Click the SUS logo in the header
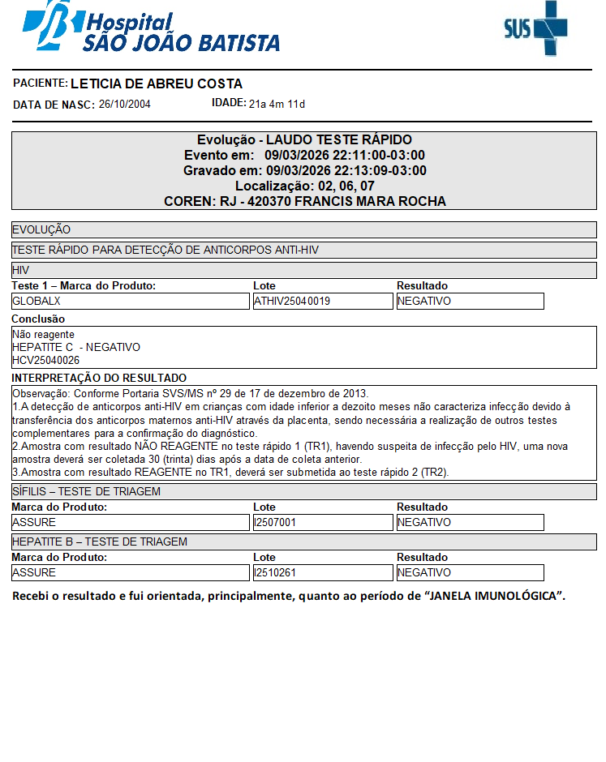[x=535, y=29]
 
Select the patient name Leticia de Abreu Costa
[x=157, y=84]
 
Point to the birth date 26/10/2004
[x=124, y=105]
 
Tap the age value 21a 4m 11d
[x=277, y=104]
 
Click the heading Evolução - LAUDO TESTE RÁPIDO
[x=304, y=140]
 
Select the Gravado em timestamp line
[x=304, y=171]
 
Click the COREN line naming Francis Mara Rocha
[x=304, y=202]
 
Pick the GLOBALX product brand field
[x=130, y=301]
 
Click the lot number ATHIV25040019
[x=322, y=301]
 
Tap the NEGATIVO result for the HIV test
[x=470, y=301]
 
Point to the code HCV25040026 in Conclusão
[x=46, y=360]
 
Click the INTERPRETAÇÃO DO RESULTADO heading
[x=99, y=378]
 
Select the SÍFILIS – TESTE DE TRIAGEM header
[x=86, y=491]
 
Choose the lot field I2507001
[x=322, y=523]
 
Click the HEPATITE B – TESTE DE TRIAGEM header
[x=99, y=542]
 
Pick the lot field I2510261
[x=322, y=573]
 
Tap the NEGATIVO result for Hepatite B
[x=470, y=573]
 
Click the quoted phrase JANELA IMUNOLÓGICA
[x=495, y=597]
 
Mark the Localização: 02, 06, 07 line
[x=304, y=186]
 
